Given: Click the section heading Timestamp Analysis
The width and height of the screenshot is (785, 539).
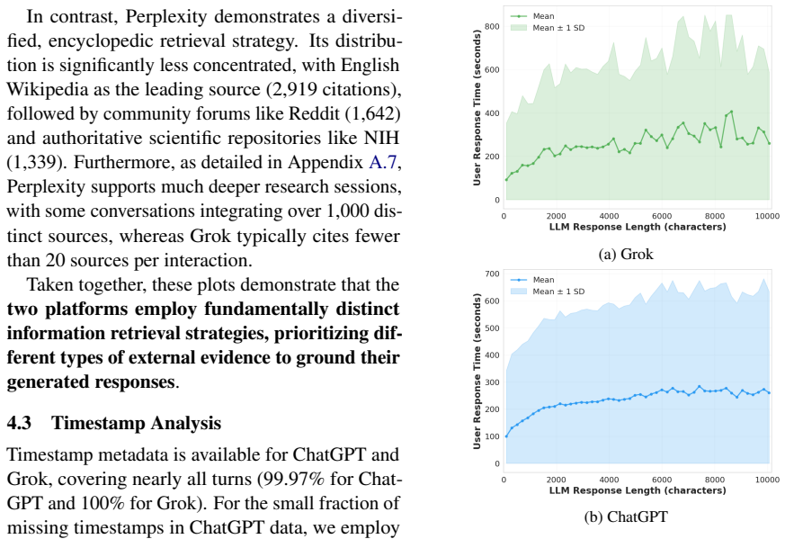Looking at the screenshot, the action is click(136, 423).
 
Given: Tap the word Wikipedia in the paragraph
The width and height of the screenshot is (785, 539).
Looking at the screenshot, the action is click(49, 89).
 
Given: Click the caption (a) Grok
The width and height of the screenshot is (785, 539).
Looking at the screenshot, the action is click(626, 254).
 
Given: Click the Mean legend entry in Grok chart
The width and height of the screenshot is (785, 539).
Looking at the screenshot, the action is click(532, 16).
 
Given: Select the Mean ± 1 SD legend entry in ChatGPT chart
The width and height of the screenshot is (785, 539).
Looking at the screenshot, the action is click(548, 292).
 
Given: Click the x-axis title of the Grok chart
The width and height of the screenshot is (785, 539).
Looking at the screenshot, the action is click(638, 227).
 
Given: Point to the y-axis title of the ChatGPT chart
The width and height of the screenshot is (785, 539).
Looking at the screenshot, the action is click(477, 372).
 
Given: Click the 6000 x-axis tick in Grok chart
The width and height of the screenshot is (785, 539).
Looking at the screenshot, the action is click(662, 216).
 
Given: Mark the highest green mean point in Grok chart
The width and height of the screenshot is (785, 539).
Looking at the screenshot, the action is click(731, 112).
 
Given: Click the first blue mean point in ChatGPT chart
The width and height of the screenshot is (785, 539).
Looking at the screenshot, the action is click(506, 436).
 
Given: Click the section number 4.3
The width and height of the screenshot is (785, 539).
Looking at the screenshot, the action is click(19, 423).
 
